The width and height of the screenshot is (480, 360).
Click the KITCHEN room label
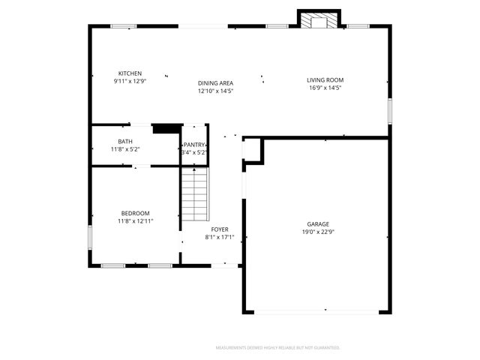pos(130,73)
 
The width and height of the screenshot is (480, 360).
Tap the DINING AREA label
pos(215,83)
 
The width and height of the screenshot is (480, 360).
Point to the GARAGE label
pos(317,224)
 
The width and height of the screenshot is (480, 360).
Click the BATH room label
pos(125,142)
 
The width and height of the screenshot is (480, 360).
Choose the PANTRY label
pos(194,145)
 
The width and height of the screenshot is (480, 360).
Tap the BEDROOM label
pos(135,213)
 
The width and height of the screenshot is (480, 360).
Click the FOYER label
pos(220,229)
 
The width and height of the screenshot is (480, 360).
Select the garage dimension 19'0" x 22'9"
pos(317,232)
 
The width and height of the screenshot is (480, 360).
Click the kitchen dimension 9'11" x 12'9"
pos(130,81)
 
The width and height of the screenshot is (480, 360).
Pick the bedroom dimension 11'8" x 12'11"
pos(135,221)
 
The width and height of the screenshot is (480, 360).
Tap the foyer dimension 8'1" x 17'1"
pos(220,238)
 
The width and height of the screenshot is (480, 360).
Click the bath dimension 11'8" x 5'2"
pos(125,149)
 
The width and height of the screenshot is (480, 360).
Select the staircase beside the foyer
pos(194,195)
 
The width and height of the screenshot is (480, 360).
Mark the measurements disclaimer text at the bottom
pos(277,348)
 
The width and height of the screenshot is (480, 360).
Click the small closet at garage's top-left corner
pos(253,151)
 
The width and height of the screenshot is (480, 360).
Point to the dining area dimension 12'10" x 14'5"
pos(215,91)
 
